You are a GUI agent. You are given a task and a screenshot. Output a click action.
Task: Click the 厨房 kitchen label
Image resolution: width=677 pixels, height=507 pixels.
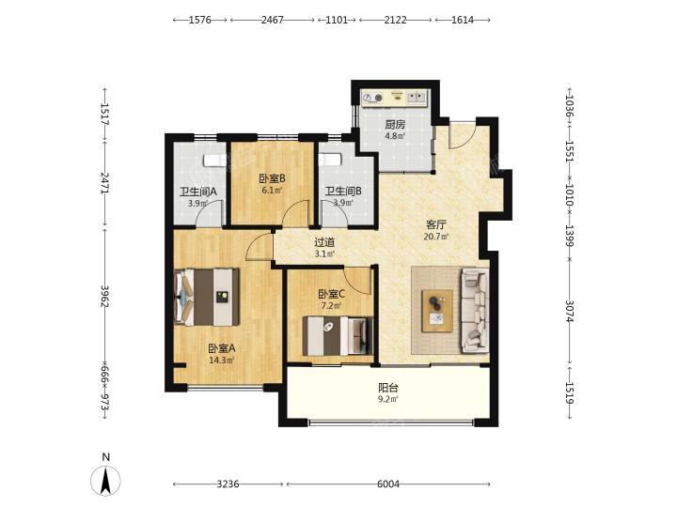coord(395,125)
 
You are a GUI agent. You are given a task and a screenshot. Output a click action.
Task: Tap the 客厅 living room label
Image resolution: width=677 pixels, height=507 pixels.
coord(436,224)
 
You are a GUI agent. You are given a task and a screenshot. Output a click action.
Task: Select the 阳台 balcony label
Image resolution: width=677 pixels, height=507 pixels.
coord(388,388)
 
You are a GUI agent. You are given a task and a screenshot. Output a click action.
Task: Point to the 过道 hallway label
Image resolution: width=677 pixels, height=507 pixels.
coord(324,243)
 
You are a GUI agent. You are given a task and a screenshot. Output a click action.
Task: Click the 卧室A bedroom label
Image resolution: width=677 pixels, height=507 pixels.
coord(222,348)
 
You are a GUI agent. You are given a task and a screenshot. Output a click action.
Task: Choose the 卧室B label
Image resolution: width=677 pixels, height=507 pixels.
coord(272,178)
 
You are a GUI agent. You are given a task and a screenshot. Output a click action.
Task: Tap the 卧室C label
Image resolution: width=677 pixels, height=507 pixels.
coord(331,295)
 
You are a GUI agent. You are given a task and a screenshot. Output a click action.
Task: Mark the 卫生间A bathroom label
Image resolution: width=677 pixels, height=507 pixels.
coord(198,191)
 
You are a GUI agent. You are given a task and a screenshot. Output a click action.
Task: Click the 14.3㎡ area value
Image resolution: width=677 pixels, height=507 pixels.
coord(222,361)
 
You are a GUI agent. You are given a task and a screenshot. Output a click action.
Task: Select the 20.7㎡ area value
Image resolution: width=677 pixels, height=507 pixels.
coord(436,237)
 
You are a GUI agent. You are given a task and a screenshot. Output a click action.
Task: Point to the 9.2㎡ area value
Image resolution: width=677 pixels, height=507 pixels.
coord(388,399)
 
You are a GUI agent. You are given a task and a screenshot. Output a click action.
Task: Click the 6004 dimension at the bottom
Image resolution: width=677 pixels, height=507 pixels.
coord(388,484)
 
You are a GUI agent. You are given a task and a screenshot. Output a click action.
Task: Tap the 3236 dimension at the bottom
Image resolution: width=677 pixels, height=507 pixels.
coord(228,484)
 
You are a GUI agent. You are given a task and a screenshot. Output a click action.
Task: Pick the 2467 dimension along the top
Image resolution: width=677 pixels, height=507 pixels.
coord(273,20)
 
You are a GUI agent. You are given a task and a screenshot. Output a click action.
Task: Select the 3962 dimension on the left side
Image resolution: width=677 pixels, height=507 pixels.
coord(104,296)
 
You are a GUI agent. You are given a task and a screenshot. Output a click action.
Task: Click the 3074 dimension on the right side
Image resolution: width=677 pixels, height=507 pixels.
coord(569,312)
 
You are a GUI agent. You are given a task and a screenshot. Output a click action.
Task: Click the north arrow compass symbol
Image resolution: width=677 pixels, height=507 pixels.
coord(105,480)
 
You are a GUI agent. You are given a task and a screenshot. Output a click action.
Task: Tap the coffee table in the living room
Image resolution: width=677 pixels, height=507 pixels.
coord(437,311)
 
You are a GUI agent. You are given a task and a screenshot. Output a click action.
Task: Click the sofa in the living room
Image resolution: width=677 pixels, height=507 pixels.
coord(476,309)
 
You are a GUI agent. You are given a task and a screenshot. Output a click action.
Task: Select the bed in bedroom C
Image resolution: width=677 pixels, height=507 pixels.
coord(338,336)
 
